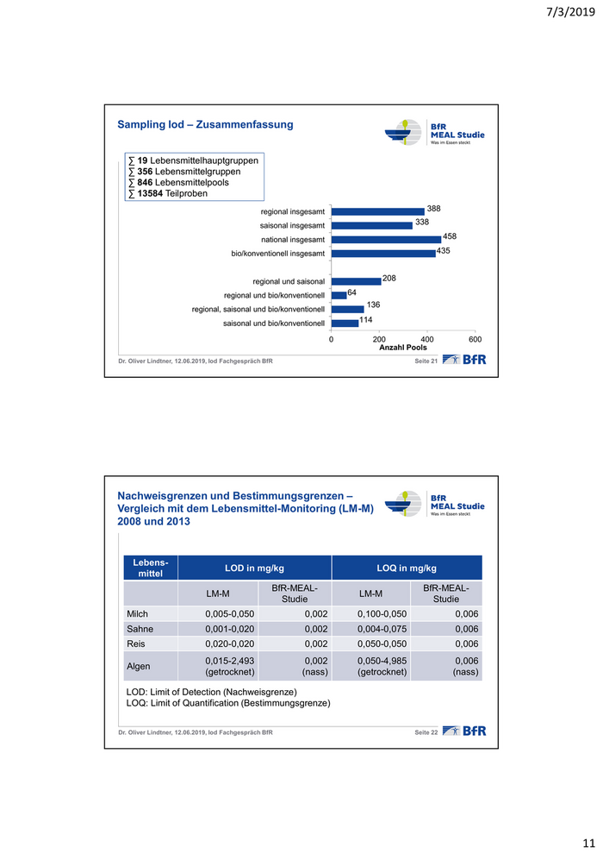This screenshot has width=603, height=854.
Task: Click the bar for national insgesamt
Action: [386, 240]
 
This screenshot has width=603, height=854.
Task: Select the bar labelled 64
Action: [339, 295]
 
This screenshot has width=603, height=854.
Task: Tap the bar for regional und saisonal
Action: [356, 280]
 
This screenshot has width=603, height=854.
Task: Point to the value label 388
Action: [433, 208]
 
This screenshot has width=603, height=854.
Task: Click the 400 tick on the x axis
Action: [427, 340]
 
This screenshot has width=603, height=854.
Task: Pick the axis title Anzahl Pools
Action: [403, 348]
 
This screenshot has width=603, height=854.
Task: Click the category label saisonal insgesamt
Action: [292, 225]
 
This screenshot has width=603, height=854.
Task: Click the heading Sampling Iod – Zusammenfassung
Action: [205, 125]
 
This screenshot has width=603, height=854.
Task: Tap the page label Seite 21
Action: [426, 360]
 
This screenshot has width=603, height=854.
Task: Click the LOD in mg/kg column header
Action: [254, 568]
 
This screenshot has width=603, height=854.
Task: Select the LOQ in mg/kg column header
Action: [407, 568]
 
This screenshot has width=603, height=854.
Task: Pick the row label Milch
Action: [138, 612]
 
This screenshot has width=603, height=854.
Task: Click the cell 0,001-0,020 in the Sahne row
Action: [229, 628]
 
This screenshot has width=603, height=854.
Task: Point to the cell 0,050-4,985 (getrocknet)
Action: [382, 665]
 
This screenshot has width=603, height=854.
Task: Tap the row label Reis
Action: [137, 644]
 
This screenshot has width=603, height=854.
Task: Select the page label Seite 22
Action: [426, 732]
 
